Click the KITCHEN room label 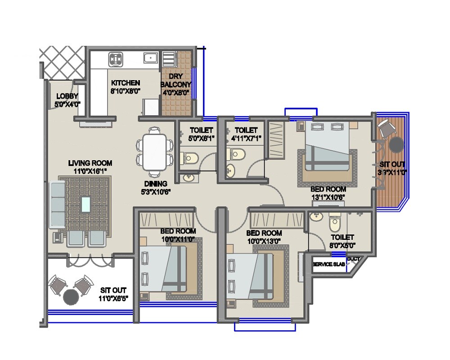(126, 83)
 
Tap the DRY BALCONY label (176, 80)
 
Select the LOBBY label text (67, 96)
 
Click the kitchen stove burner (116, 58)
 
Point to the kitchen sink (150, 58)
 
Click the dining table (154, 153)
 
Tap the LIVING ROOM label (90, 163)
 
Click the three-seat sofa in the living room (57, 204)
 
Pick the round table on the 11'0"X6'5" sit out (71, 297)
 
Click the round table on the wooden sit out (396, 145)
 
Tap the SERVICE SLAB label (329, 264)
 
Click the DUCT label (354, 259)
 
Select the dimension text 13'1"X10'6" (328, 197)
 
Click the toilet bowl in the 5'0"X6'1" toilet (190, 158)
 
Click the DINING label (156, 184)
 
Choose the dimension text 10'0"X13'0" (264, 241)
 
